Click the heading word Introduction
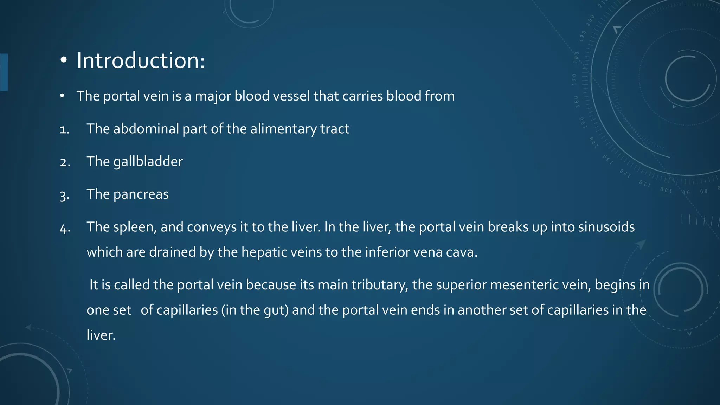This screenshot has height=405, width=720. [140, 60]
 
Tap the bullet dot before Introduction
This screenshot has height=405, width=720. [63, 60]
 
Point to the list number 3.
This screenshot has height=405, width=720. [65, 195]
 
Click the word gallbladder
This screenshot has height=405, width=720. [148, 162]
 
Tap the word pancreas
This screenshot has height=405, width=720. [141, 194]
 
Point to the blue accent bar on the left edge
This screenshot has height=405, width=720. [4, 72]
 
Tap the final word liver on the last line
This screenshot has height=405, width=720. [101, 335]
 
